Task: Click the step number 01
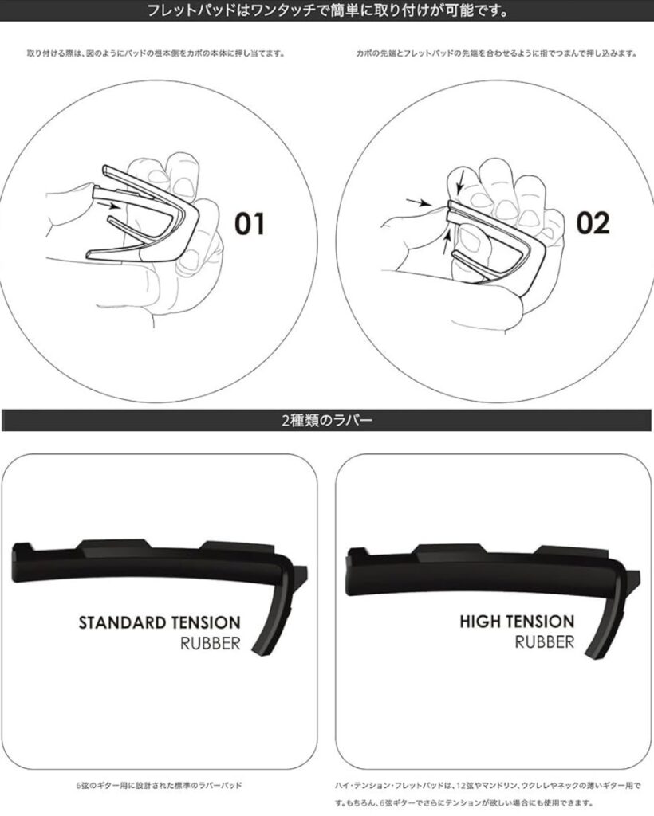[x=249, y=224]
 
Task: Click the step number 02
[x=593, y=223]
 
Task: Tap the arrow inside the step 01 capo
[x=110, y=206]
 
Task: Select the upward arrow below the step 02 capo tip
[x=447, y=242]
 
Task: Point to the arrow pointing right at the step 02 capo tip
[x=420, y=202]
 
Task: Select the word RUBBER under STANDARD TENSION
[x=211, y=643]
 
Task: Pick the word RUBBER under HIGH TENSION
[x=544, y=642]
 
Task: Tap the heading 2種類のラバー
[x=327, y=420]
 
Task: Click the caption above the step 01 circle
[x=156, y=53]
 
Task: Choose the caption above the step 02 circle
[x=496, y=53]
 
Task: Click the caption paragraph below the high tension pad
[x=488, y=794]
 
